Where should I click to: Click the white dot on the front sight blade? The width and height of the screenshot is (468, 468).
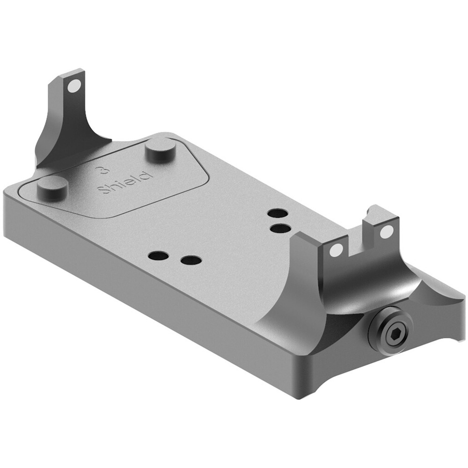(74, 86)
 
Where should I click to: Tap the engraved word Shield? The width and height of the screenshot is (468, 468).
(125, 183)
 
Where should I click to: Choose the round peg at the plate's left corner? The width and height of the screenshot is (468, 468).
(52, 188)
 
